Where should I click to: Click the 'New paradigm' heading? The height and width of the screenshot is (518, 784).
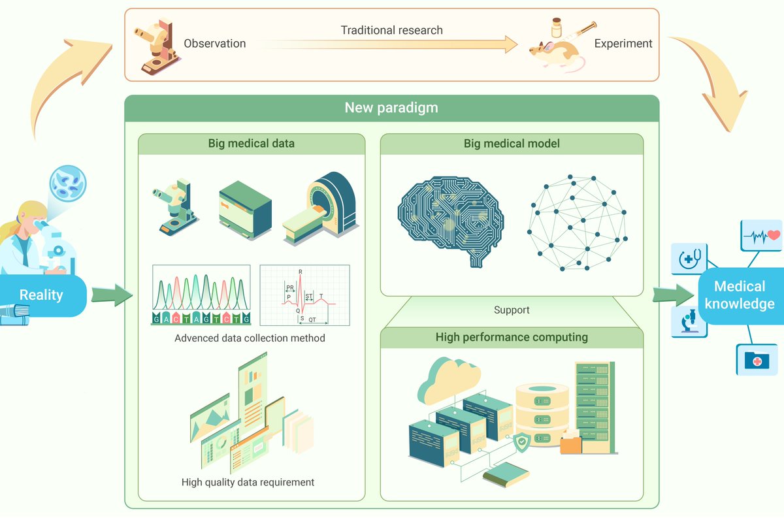tap(391, 107)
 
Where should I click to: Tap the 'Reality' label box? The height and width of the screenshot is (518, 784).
tap(42, 295)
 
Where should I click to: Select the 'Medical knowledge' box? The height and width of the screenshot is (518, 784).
tap(740, 295)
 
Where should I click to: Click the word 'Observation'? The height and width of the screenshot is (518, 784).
tap(215, 44)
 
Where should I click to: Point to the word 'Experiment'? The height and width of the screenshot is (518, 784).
tap(623, 44)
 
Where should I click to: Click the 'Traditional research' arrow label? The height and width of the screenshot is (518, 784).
tap(391, 30)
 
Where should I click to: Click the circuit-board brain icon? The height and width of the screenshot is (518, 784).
tap(451, 219)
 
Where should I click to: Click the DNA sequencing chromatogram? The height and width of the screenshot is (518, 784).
tap(201, 295)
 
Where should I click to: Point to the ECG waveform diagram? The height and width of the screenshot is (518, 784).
tap(304, 295)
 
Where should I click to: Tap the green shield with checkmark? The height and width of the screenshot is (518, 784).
tap(521, 444)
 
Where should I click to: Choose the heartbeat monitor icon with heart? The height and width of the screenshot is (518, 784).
tap(761, 235)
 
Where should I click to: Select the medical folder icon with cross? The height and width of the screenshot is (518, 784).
tap(757, 359)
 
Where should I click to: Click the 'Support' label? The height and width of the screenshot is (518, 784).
tap(512, 310)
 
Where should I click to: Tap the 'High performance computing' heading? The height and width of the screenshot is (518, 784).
tap(512, 338)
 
